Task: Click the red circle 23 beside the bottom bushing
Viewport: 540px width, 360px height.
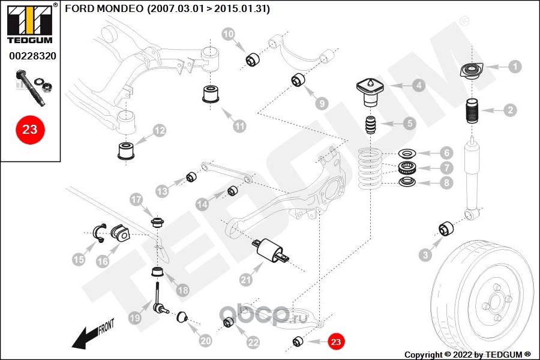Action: [x=336, y=341]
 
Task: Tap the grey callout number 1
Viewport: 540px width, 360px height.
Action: [x=515, y=66]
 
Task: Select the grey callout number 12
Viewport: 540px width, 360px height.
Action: [x=159, y=131]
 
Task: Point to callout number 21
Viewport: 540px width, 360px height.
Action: [x=245, y=280]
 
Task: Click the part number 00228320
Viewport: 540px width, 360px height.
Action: [x=33, y=56]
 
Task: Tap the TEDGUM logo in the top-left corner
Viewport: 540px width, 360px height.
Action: [x=30, y=24]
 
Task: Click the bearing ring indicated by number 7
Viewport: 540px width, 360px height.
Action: [x=407, y=167]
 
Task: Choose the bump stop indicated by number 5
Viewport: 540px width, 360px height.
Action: [x=371, y=125]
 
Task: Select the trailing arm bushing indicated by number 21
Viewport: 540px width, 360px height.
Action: [x=271, y=251]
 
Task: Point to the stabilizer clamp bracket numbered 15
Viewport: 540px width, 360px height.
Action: [x=99, y=233]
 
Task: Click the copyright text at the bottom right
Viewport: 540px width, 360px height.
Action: [x=467, y=355]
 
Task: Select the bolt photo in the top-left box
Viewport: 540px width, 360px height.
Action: [x=34, y=88]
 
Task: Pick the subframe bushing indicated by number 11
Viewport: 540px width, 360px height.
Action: [x=211, y=94]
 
